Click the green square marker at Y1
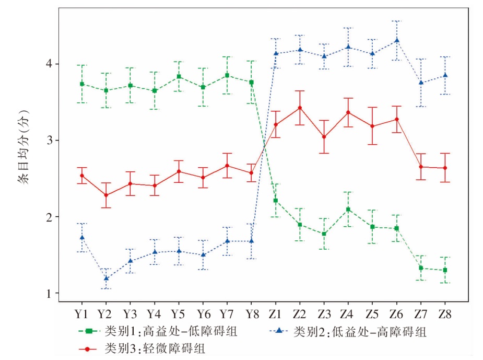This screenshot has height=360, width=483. click(81, 84)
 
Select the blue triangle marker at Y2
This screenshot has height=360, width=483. click(106, 278)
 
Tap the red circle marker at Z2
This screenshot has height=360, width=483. click(299, 108)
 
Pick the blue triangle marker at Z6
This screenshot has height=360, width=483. click(397, 40)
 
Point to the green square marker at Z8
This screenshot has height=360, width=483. click(445, 270)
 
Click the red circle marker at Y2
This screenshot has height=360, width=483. click(106, 195)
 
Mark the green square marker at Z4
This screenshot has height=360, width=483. click(348, 210)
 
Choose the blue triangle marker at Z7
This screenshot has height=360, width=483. click(421, 83)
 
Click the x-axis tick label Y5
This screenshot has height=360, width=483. click(179, 315)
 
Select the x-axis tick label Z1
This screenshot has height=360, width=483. click(275, 315)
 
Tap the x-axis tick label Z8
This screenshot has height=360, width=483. click(445, 315)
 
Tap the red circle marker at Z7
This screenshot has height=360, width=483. click(421, 167)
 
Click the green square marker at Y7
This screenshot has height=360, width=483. click(227, 75)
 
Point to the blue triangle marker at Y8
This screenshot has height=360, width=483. click(251, 241)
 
